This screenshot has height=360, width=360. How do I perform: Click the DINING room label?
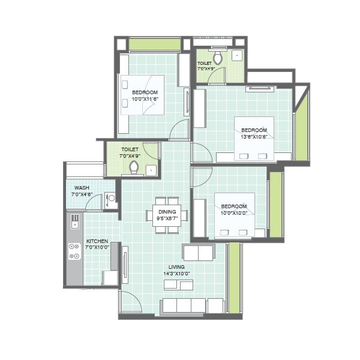[x=167, y=212]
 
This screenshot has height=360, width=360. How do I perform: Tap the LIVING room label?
[x=176, y=266]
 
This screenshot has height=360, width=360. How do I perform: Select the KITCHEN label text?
[x=96, y=241]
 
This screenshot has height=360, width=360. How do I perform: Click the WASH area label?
[x=82, y=188]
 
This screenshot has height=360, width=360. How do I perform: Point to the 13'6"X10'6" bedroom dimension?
[x=254, y=136]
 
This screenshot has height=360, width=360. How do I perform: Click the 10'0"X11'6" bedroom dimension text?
[x=145, y=98]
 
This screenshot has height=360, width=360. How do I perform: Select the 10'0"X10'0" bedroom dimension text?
[x=234, y=213]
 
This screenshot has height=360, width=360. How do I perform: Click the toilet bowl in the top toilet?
[x=218, y=58]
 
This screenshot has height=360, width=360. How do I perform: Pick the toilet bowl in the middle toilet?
[x=134, y=167]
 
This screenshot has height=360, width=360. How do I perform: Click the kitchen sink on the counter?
[x=75, y=221]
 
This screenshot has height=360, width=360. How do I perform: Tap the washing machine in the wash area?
[x=110, y=200]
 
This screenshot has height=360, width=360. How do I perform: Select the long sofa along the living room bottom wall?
[x=184, y=306]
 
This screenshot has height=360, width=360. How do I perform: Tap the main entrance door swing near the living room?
[x=130, y=302]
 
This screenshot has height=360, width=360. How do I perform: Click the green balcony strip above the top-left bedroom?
[x=154, y=44]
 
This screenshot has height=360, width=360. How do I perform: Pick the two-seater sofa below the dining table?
[x=198, y=252]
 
